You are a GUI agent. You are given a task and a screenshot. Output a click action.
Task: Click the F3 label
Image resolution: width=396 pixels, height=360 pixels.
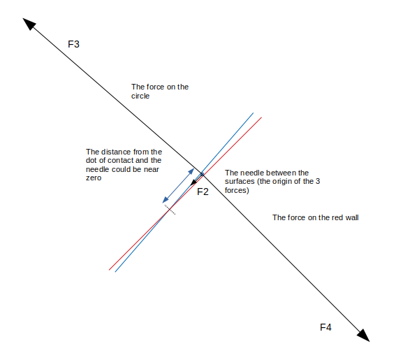point(73,44)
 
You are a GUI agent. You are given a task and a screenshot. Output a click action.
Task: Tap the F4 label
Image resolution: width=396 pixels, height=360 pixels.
point(325,327)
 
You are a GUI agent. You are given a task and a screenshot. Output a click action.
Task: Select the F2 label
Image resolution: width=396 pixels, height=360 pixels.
point(203,192)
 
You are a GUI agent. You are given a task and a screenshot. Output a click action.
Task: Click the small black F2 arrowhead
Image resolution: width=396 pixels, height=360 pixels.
point(193,182)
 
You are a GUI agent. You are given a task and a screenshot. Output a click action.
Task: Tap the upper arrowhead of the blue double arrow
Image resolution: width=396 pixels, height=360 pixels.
point(191,171)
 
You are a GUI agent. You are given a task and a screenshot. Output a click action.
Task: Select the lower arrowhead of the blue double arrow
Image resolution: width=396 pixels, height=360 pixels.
point(166,200)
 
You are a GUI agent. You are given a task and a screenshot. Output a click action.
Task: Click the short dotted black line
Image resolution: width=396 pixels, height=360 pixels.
point(170,210)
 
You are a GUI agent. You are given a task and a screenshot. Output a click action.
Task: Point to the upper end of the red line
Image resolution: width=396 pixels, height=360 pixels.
point(261,117)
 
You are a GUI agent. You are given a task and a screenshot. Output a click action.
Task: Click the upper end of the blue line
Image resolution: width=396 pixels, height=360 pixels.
point(254,113)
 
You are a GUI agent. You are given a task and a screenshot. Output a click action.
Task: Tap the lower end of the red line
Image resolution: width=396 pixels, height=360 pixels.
point(109,270)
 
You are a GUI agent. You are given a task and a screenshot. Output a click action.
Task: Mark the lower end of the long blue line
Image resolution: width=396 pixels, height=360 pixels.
point(115,272)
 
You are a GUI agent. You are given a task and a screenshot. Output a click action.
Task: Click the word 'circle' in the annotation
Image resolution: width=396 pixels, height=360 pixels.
point(140,96)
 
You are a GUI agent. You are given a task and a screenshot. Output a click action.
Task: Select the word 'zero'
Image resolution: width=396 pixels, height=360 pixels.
point(94,178)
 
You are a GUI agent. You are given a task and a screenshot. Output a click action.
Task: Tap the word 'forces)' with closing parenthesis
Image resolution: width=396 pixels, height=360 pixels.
point(237,190)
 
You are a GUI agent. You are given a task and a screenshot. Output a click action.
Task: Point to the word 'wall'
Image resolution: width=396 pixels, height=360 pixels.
point(351,217)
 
